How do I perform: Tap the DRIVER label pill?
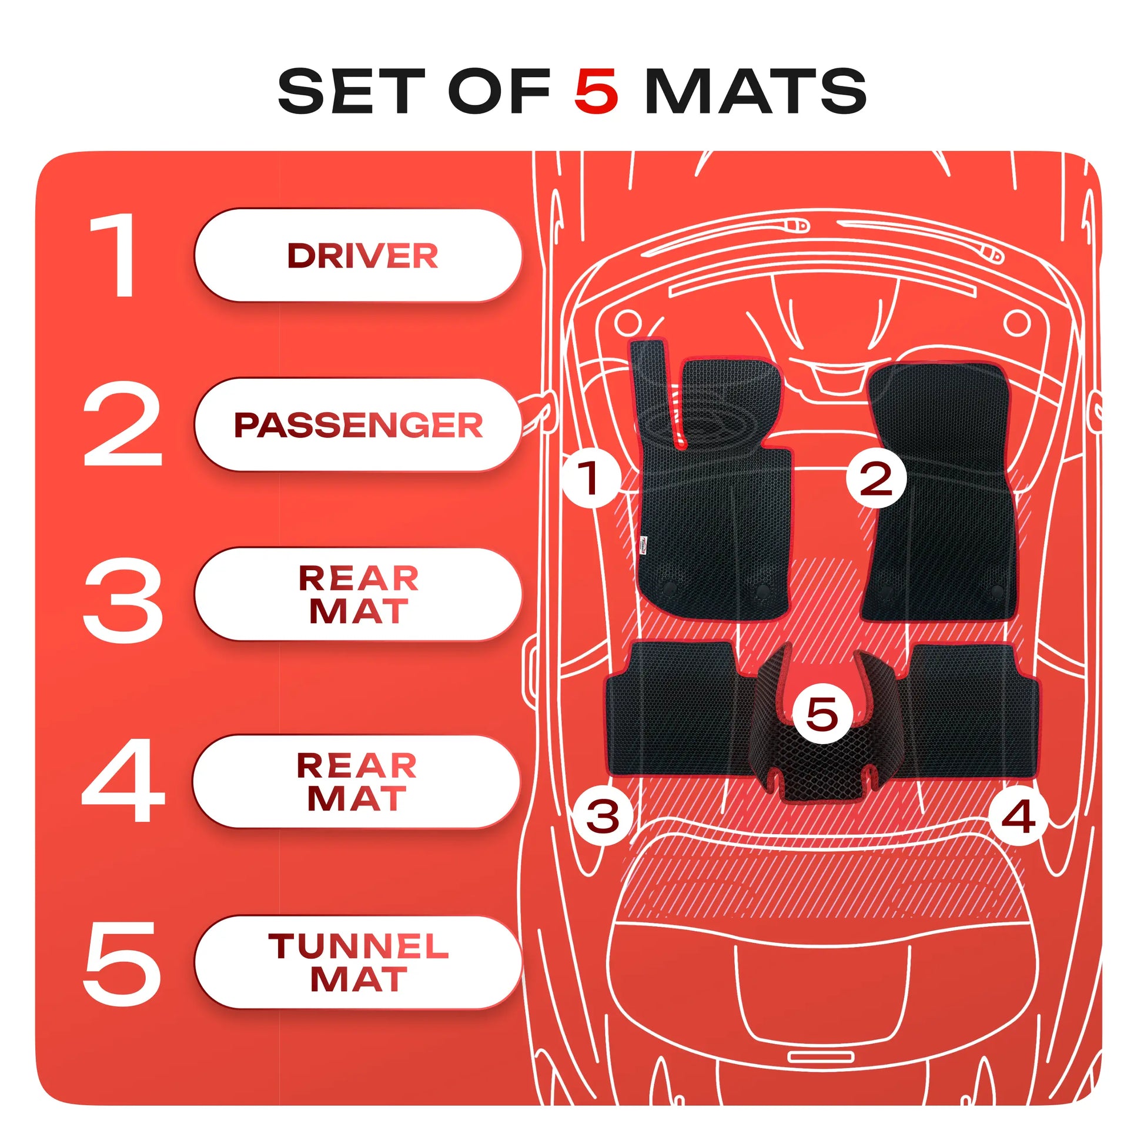(357, 255)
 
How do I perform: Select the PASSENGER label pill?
(357, 424)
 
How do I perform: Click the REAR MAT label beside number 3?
(357, 594)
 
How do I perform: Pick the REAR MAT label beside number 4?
(356, 781)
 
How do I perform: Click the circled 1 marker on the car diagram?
(590, 477)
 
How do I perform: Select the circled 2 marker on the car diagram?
(876, 478)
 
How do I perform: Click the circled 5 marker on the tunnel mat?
(822, 714)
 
